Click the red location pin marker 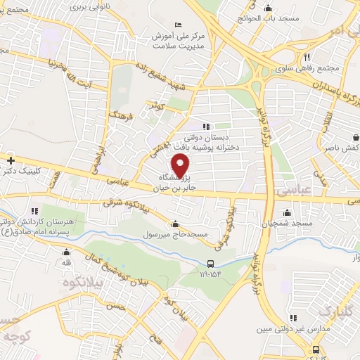click(182, 167)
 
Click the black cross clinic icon click(11, 160)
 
